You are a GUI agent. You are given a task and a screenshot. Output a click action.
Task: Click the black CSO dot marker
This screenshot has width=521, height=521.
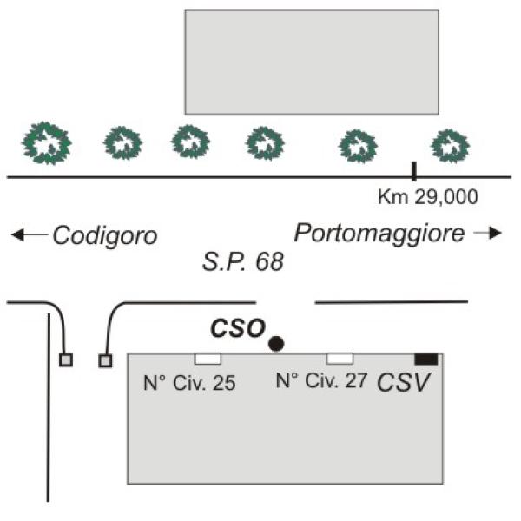click(x=276, y=344)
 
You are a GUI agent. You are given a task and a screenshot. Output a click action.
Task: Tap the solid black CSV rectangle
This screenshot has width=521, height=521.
click(x=426, y=359)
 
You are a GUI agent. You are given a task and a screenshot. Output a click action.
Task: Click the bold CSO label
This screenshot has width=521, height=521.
click(x=238, y=328)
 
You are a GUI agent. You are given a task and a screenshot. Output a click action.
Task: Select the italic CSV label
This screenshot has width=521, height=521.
click(x=404, y=382)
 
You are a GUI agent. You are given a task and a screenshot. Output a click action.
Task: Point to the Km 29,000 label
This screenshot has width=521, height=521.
click(x=428, y=197)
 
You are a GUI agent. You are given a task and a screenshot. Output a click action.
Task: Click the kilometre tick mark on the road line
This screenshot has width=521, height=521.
click(x=413, y=171)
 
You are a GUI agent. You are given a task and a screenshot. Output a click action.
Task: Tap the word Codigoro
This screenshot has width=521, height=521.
click(x=105, y=235)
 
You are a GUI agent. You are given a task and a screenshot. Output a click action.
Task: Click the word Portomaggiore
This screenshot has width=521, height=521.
click(x=379, y=234)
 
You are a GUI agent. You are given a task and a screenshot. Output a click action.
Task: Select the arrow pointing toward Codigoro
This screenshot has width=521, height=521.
click(x=30, y=234)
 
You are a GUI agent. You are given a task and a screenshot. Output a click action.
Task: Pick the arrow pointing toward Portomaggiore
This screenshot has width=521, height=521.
click(x=487, y=233)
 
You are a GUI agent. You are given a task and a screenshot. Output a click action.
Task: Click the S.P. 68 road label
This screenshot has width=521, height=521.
click(x=243, y=262)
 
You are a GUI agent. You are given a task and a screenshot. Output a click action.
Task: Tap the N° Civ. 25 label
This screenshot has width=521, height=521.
click(x=189, y=383)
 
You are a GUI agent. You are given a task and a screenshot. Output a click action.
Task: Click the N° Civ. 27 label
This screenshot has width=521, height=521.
click(x=321, y=380)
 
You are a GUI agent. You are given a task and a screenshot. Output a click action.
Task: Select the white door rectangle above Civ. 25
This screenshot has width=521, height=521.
click(x=208, y=359)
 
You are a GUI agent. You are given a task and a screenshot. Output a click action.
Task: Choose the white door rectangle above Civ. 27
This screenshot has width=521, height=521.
click(x=340, y=359)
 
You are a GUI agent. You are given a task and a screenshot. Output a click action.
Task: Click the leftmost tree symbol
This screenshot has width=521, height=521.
click(x=47, y=143)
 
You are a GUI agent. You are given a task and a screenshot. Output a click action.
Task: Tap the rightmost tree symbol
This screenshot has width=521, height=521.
click(x=450, y=146)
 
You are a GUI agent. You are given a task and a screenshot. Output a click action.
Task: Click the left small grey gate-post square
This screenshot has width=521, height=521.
click(x=66, y=359)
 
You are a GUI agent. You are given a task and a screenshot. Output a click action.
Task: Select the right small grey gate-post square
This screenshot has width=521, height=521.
click(x=105, y=361)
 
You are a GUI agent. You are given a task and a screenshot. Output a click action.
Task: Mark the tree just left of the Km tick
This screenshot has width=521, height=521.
click(x=358, y=146)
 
